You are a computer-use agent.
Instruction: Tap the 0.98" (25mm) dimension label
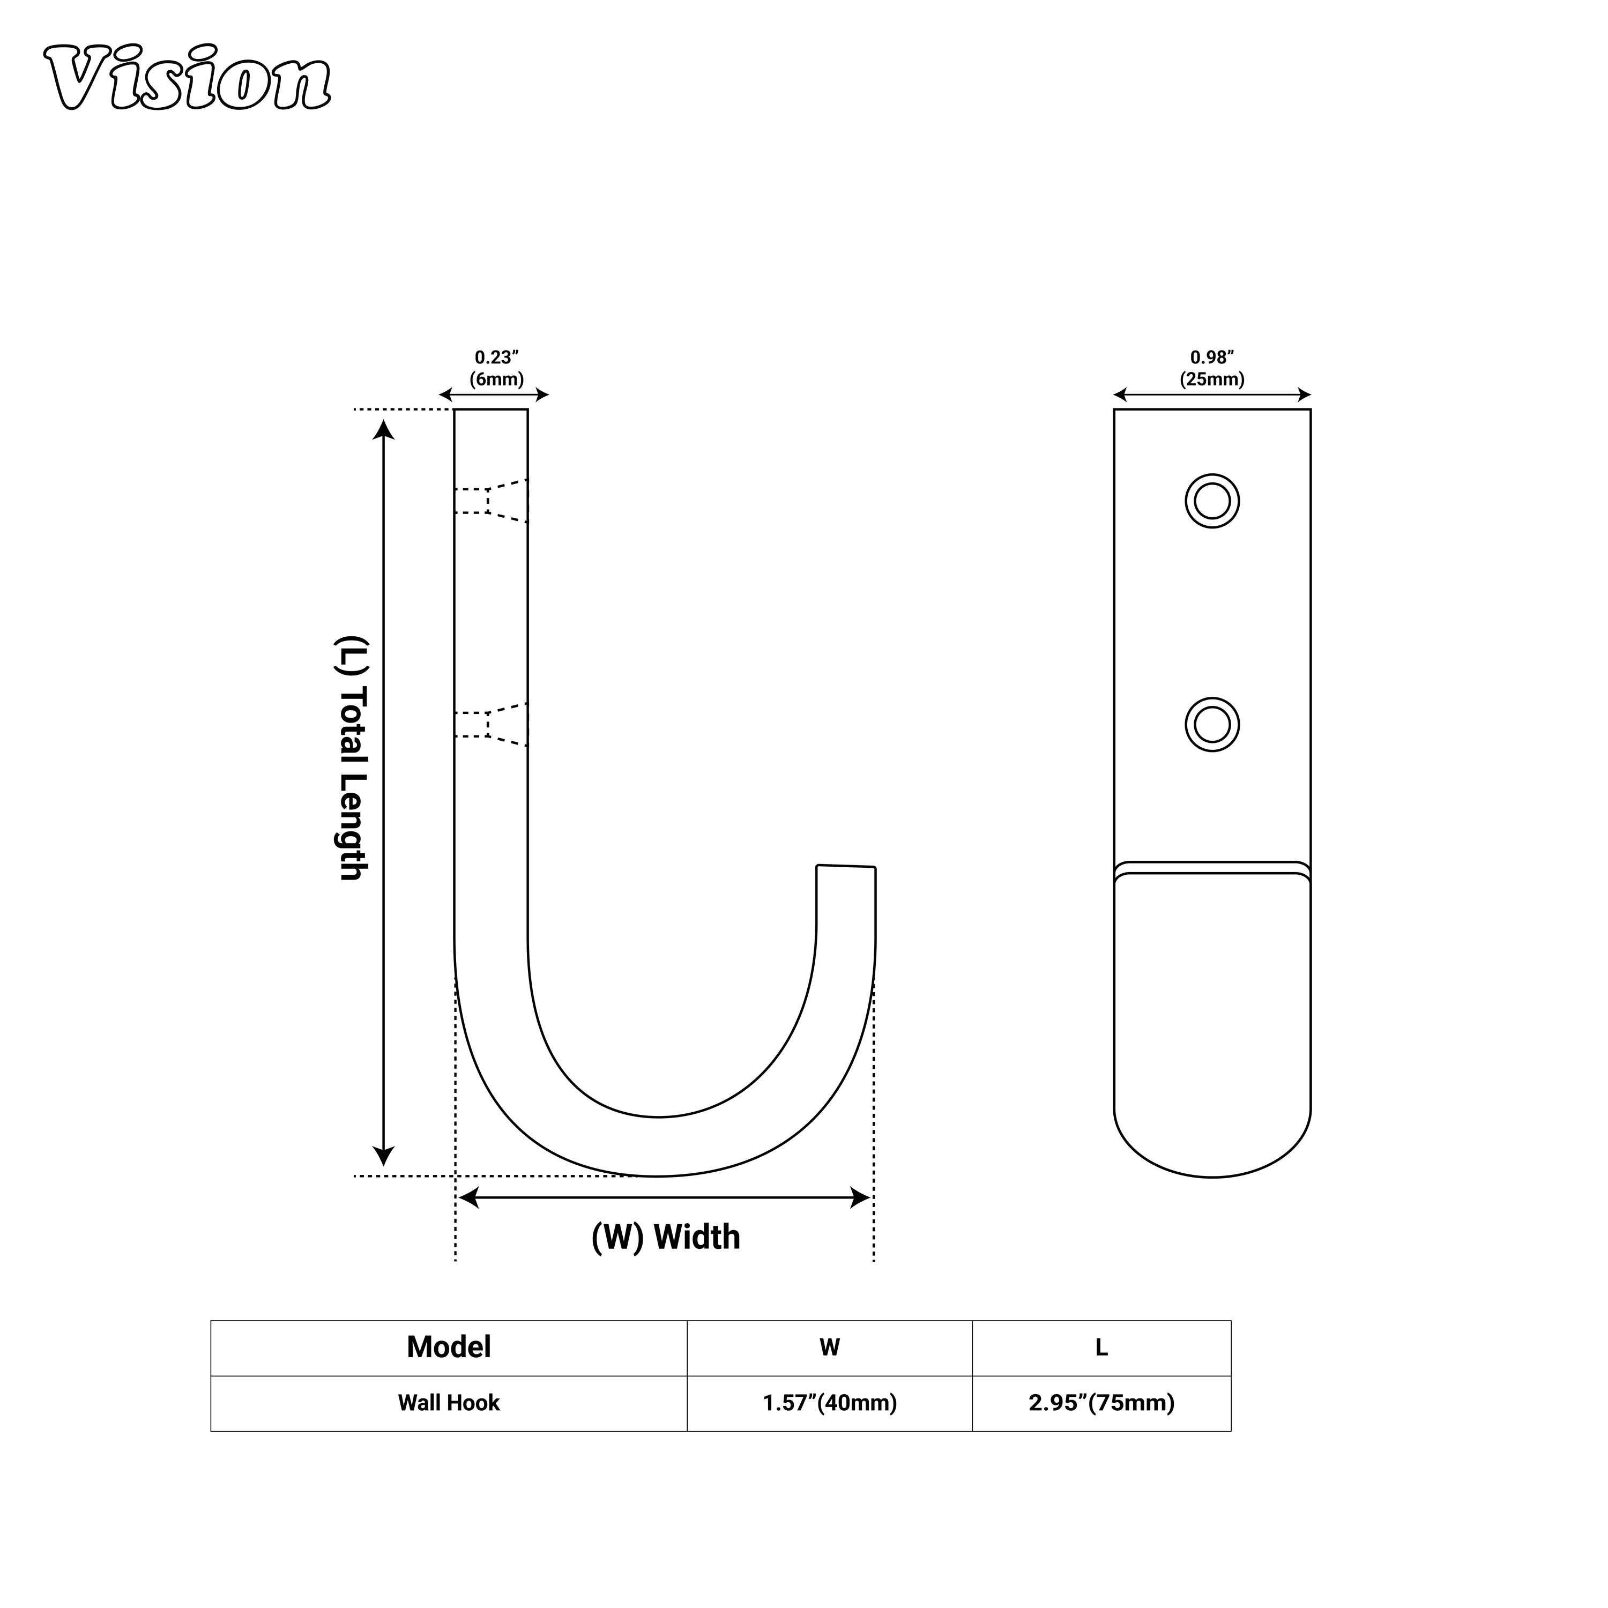(x=1212, y=368)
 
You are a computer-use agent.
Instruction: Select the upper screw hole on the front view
(x=1212, y=501)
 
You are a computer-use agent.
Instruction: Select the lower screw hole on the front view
(x=1212, y=724)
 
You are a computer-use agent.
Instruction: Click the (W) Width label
(x=665, y=1238)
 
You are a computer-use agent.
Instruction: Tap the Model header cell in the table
(x=449, y=1346)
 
